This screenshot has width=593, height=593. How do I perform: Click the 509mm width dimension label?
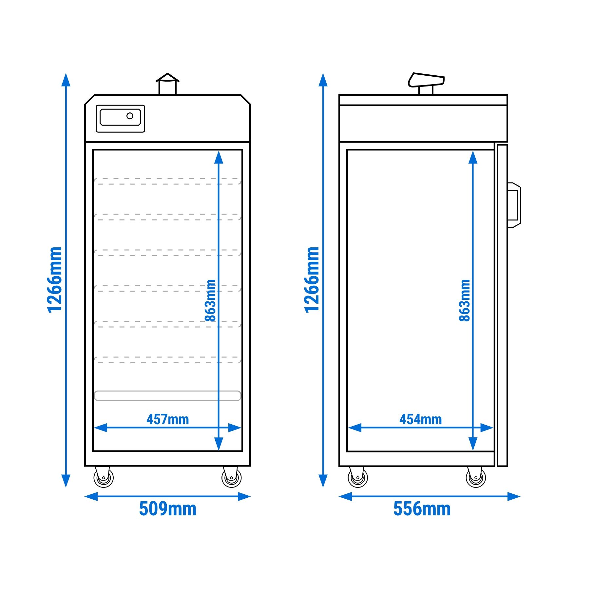pyautogui.click(x=168, y=509)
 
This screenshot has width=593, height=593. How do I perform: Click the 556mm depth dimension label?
pyautogui.click(x=422, y=509)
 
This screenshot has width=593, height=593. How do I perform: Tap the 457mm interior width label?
pyautogui.click(x=168, y=419)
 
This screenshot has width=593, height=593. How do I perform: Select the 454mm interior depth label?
pyautogui.click(x=421, y=419)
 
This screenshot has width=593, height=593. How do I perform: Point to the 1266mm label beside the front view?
pyautogui.click(x=54, y=280)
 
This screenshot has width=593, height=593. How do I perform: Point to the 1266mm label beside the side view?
pyautogui.click(x=311, y=280)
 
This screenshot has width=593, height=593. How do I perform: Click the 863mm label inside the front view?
pyautogui.click(x=210, y=300)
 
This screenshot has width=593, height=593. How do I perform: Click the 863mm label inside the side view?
pyautogui.click(x=465, y=300)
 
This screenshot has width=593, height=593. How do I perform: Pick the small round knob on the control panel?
pyautogui.click(x=130, y=116)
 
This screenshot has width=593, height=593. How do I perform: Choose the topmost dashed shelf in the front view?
pyautogui.click(x=167, y=182)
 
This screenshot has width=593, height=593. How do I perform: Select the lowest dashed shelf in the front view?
pyautogui.click(x=167, y=360)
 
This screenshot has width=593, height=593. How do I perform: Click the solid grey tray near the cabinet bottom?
pyautogui.click(x=167, y=395)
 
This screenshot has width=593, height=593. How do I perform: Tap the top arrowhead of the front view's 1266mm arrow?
pyautogui.click(x=66, y=80)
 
